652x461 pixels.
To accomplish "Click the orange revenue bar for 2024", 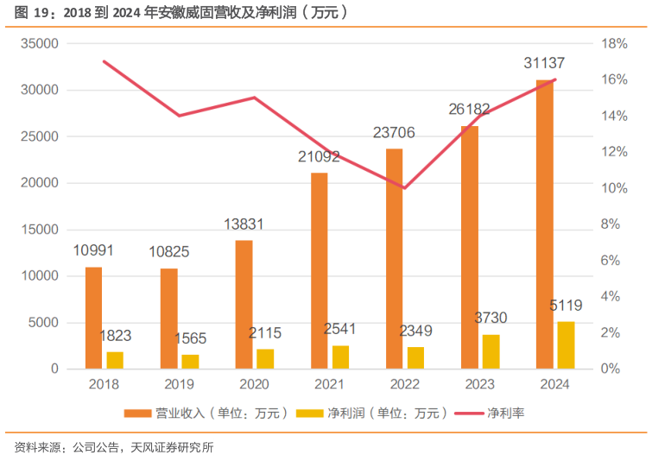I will [x=544, y=224].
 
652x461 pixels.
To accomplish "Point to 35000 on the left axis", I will [x=39, y=43].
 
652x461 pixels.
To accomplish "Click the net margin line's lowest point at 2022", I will [x=404, y=188].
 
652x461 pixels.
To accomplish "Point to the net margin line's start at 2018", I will [x=104, y=61].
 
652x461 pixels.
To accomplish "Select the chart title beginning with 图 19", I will [x=181, y=12].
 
